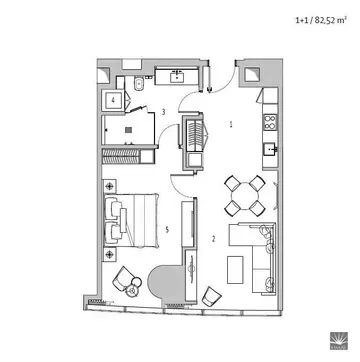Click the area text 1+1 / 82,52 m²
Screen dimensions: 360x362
click(x=320, y=20)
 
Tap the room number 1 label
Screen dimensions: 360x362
click(x=231, y=125)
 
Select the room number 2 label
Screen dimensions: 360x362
click(x=214, y=239)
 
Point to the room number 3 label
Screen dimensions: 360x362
click(x=163, y=112)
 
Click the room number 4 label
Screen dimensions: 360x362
click(x=113, y=100)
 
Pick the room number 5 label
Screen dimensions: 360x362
click(x=167, y=229)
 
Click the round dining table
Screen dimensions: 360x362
click(x=245, y=196)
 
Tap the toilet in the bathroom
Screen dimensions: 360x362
click(x=137, y=84)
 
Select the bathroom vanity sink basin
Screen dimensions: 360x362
click(x=176, y=77)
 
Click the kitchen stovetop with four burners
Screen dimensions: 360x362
click(x=270, y=122)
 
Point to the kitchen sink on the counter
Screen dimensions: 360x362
click(x=270, y=150)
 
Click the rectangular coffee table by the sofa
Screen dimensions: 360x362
click(x=235, y=270)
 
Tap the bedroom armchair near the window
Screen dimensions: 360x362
click(x=122, y=279)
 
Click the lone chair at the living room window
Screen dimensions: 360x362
click(x=211, y=296)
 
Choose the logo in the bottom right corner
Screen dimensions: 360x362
click(x=339, y=341)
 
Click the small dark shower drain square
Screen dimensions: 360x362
click(x=129, y=130)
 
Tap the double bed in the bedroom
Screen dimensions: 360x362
click(x=130, y=220)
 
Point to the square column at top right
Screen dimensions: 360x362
click(x=253, y=75)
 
